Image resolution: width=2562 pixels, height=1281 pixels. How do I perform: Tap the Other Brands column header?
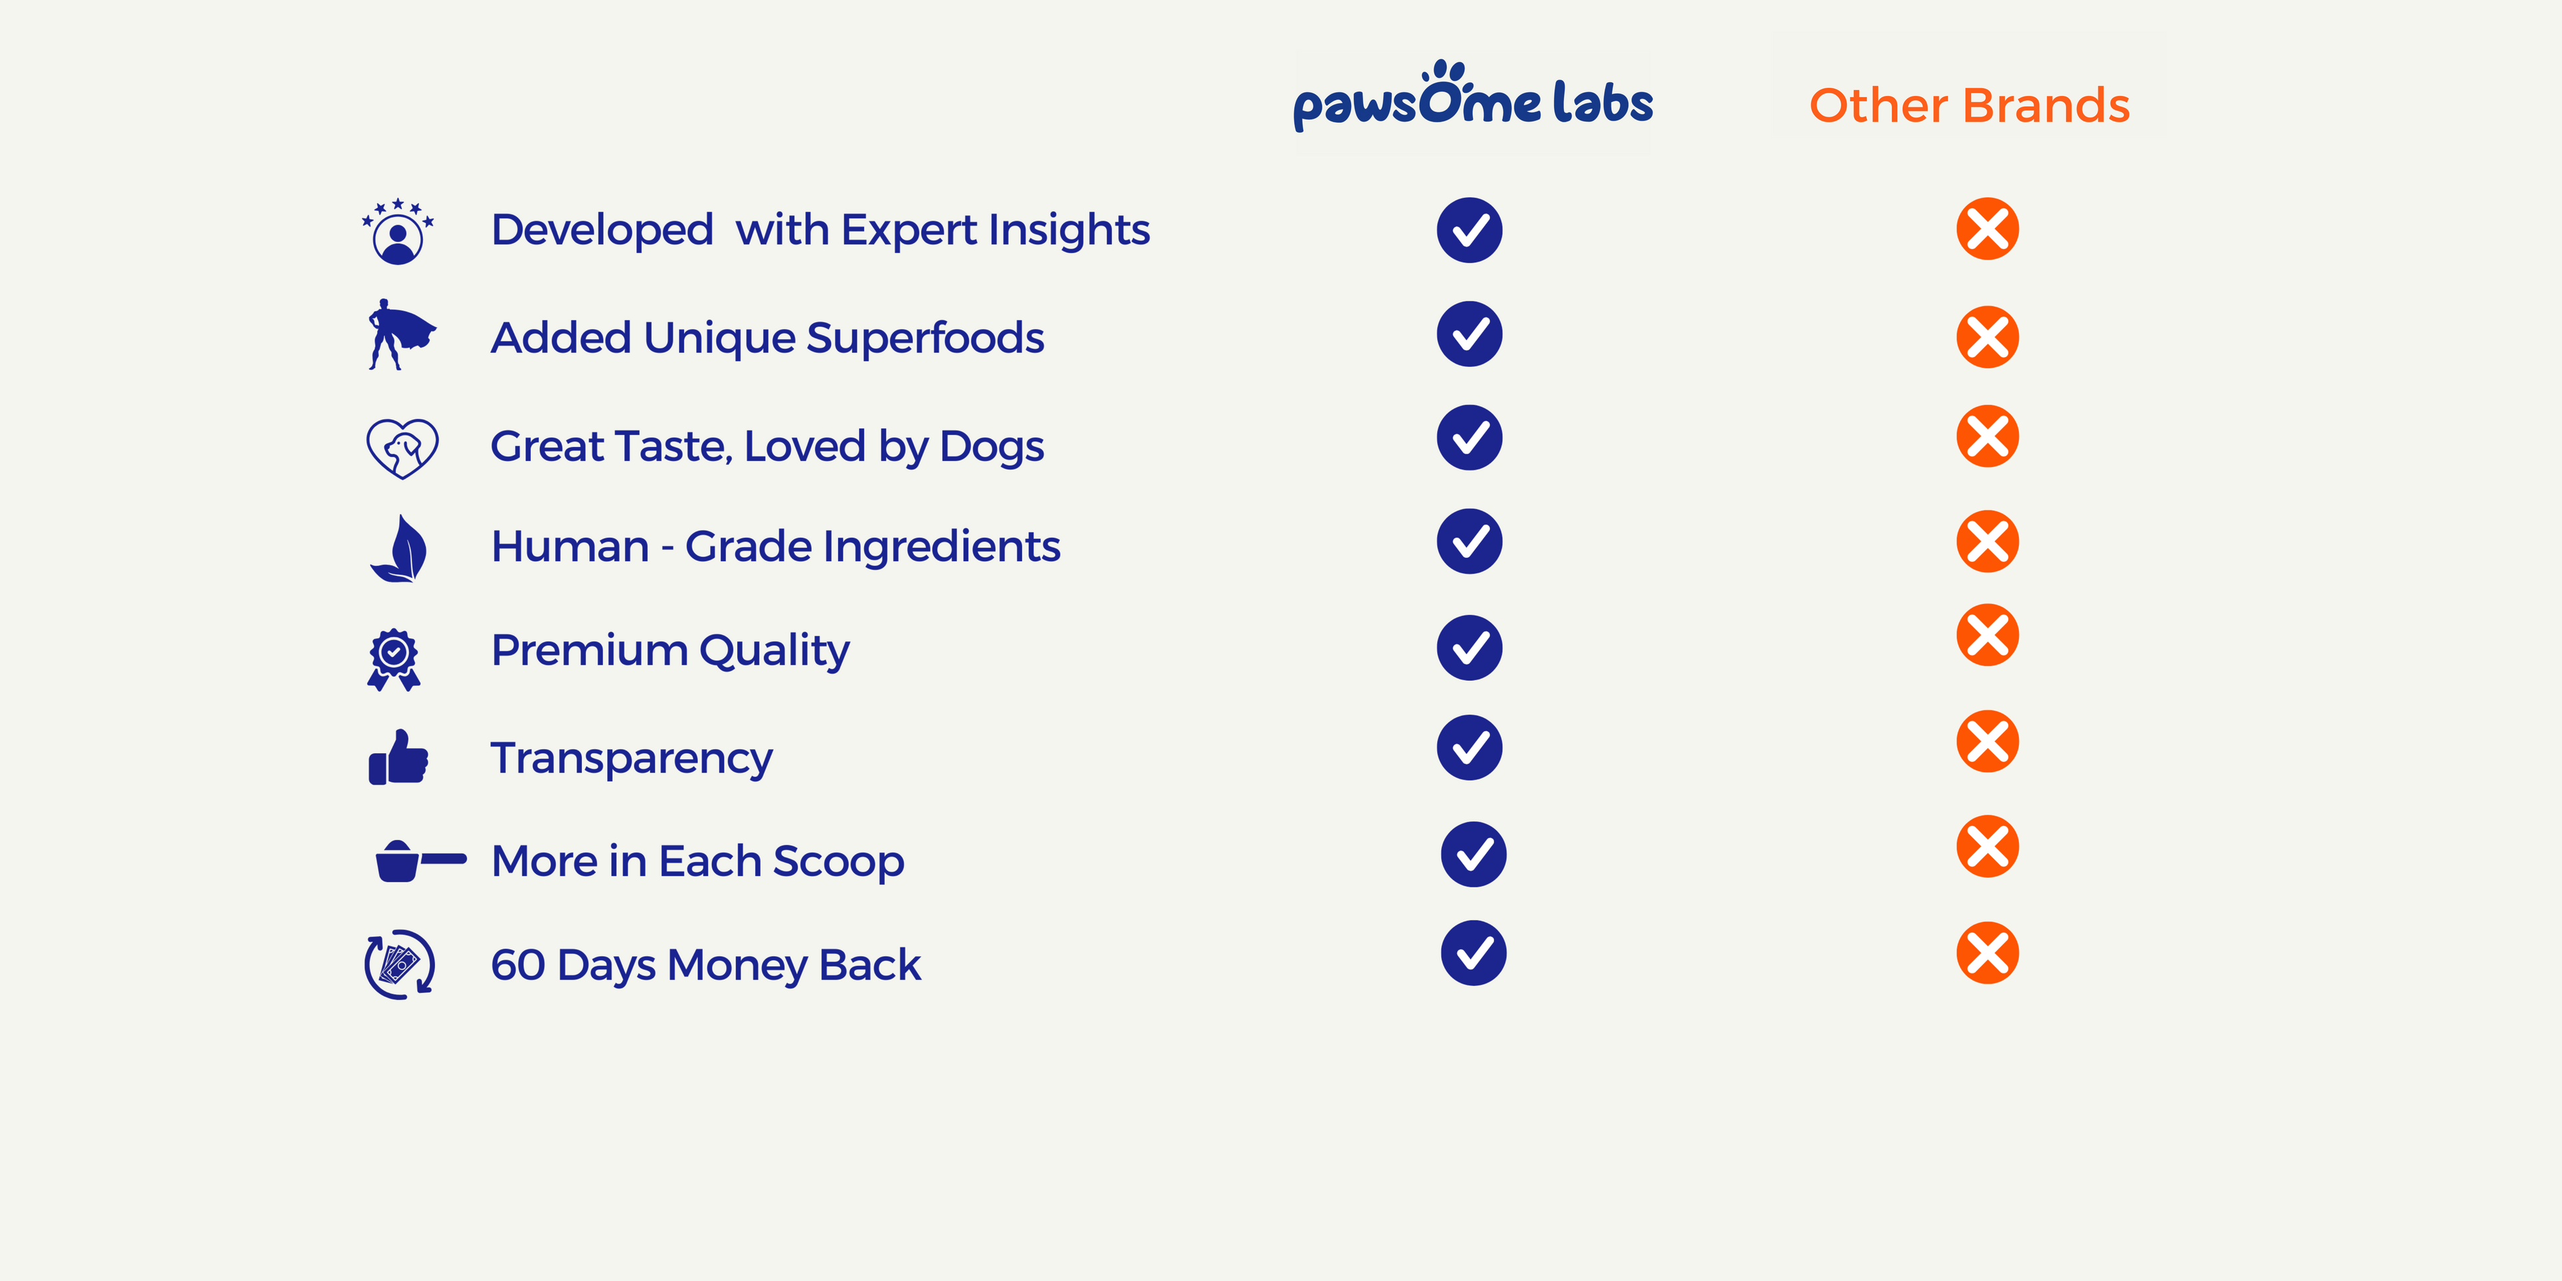coord(1970,105)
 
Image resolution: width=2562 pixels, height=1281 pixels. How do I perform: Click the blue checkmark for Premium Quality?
coord(1469,647)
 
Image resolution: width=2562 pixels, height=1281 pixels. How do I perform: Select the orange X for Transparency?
coord(1987,741)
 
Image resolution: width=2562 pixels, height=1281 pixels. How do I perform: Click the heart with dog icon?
coord(402,448)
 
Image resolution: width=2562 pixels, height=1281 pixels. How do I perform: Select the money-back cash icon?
coord(400,963)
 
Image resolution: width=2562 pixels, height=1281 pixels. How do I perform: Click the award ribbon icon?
coord(394,659)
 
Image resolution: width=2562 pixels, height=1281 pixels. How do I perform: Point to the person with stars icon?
coord(398,231)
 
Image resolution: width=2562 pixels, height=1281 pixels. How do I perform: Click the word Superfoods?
coord(925,338)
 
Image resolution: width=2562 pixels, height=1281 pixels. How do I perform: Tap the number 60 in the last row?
coord(518,965)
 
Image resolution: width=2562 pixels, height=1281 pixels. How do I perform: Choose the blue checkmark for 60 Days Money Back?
coord(1473,953)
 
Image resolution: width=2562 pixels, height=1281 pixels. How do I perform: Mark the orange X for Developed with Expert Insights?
coord(1987,229)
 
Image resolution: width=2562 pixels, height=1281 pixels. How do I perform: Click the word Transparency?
coord(632,759)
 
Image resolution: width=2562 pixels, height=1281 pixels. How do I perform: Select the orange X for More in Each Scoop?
coord(1987,847)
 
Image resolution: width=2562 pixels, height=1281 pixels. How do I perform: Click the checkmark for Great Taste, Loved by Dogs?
coord(1469,438)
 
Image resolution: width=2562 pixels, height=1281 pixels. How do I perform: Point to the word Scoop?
coord(839,862)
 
